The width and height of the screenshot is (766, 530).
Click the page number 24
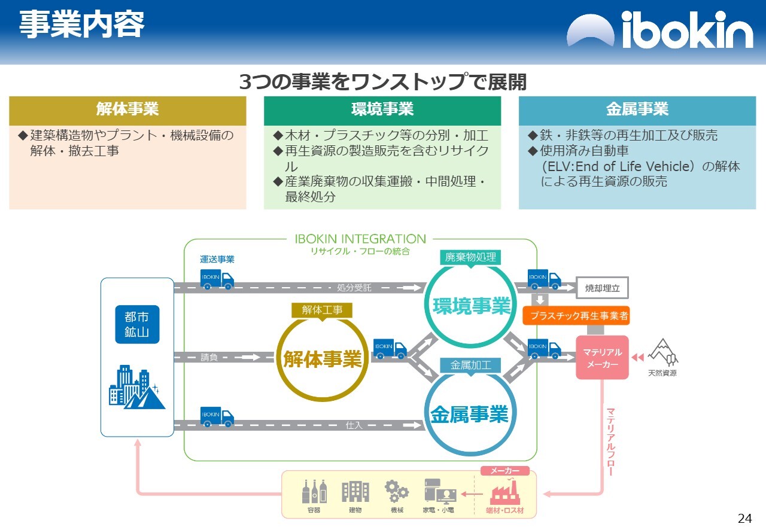[x=744, y=518]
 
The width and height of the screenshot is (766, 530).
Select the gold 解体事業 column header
[x=127, y=110]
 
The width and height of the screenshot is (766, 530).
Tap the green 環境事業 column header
[x=382, y=110]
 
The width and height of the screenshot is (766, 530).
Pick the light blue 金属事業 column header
[x=637, y=110]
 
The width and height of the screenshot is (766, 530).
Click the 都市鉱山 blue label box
[x=137, y=325]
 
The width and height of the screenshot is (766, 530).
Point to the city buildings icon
[x=137, y=388]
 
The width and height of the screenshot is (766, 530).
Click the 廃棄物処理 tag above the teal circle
[x=470, y=257]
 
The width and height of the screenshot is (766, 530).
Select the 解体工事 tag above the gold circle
[x=322, y=310]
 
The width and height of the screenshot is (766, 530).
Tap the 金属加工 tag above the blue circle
[x=470, y=365]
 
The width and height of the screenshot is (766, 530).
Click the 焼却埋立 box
[x=602, y=288]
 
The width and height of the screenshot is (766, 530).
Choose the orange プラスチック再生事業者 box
[x=576, y=316]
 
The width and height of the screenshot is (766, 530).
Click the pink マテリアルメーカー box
[x=602, y=358]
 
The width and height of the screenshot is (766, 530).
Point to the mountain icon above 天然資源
[x=662, y=352]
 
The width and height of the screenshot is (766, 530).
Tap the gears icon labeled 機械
[x=396, y=492]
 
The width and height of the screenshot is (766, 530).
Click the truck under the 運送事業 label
[x=217, y=279]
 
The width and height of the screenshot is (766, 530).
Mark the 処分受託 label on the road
[x=354, y=288]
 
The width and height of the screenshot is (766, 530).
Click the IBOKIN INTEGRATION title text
[x=360, y=239]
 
